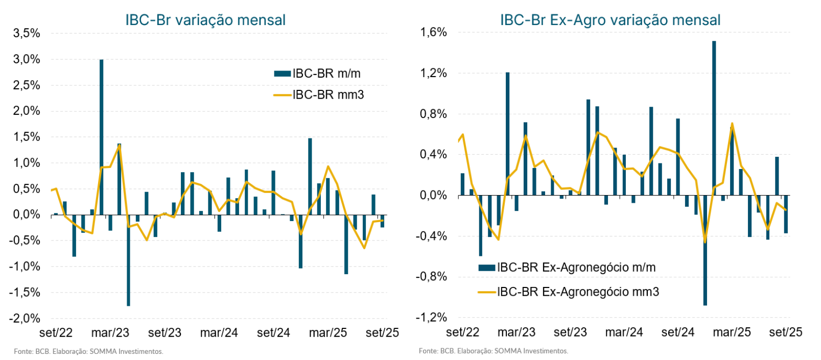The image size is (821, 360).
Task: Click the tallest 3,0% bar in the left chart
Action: click(101, 137)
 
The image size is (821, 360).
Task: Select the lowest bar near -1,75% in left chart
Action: click(128, 260)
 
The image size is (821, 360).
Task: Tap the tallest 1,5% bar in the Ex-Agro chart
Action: click(714, 117)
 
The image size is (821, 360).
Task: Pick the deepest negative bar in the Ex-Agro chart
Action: click(705, 250)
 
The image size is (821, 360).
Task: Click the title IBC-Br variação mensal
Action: click(205, 20)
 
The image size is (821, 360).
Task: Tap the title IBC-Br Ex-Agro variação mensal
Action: click(610, 20)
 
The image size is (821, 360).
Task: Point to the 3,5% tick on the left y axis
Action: click(27, 34)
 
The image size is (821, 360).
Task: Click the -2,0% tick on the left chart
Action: click(25, 319)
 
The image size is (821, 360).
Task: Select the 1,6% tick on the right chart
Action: click(433, 33)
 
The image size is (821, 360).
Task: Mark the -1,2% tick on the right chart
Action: click(431, 318)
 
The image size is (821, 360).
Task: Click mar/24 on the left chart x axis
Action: click(219, 333)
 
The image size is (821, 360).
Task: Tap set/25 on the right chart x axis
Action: click(785, 332)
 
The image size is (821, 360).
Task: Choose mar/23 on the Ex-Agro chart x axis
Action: click(517, 332)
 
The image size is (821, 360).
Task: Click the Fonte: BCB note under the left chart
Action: click(88, 351)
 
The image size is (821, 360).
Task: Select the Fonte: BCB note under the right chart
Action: click(493, 351)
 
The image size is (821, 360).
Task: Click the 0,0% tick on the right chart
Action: click(433, 196)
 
